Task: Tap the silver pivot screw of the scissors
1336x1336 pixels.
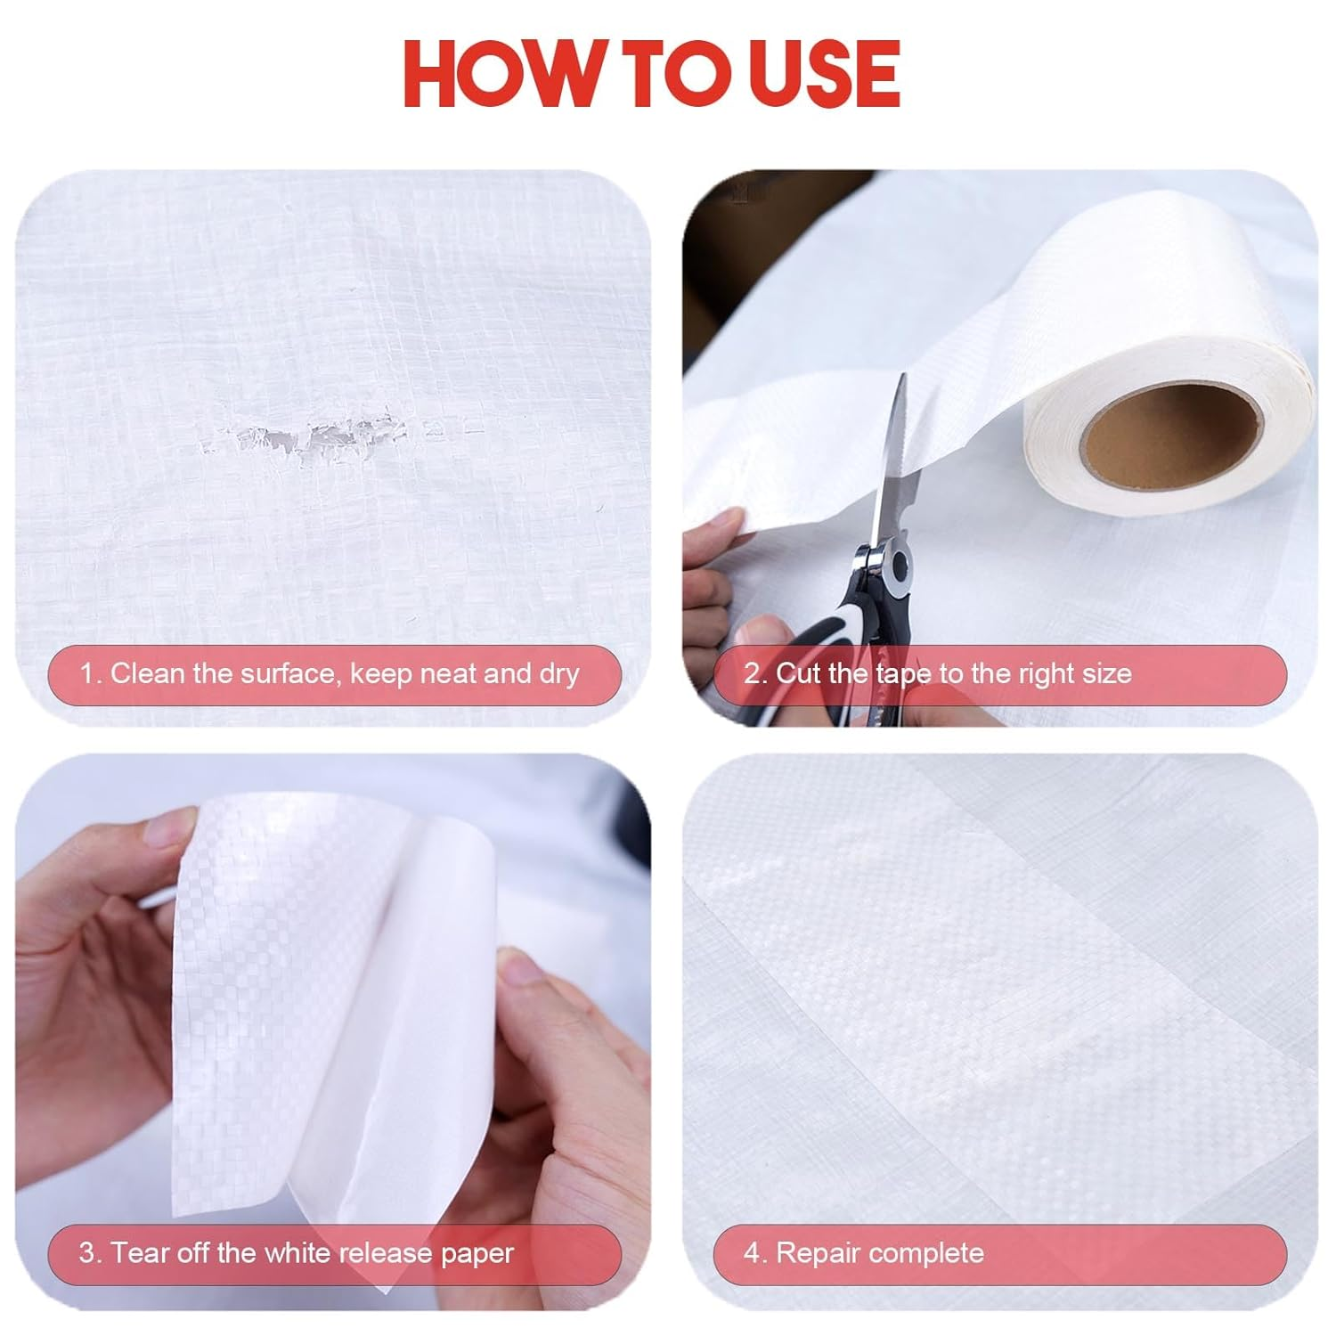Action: pos(897,565)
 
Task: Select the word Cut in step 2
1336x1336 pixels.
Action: pos(798,673)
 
